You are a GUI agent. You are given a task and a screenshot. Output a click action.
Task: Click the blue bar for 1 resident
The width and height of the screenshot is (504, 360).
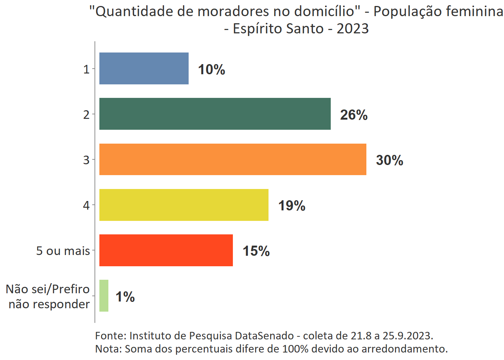click(144, 69)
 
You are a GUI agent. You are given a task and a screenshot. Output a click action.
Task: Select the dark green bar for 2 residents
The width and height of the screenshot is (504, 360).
click(215, 114)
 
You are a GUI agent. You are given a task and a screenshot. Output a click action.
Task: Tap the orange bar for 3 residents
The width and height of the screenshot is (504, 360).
click(232, 159)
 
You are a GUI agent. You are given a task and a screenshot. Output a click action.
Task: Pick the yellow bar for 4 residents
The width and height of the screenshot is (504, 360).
click(184, 205)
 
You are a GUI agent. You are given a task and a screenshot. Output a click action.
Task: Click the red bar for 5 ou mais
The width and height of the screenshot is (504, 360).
click(166, 250)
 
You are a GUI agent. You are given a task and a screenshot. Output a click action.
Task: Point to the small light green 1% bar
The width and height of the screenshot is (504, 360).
click(104, 296)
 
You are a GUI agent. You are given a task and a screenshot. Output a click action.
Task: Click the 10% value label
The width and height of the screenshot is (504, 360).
click(211, 70)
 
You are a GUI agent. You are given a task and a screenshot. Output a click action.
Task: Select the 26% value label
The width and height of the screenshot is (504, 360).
click(354, 115)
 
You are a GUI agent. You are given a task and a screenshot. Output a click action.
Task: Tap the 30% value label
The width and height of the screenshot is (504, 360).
click(389, 160)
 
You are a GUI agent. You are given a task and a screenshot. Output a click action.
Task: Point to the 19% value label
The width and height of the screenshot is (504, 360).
click(291, 206)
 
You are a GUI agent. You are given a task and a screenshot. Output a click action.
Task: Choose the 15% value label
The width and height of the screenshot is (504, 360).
click(256, 251)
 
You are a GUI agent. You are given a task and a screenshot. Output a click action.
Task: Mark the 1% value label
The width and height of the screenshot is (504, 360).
click(125, 297)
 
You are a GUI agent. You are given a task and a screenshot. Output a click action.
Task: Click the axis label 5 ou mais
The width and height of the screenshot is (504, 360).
click(63, 250)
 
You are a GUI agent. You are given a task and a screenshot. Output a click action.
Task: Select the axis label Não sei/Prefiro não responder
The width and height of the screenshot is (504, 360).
click(48, 296)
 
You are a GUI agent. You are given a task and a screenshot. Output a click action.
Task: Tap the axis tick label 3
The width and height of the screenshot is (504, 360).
click(86, 160)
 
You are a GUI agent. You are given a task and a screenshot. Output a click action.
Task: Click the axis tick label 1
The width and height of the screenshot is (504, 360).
click(86, 69)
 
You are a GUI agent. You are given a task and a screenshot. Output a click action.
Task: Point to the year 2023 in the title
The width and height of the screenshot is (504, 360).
click(352, 29)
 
